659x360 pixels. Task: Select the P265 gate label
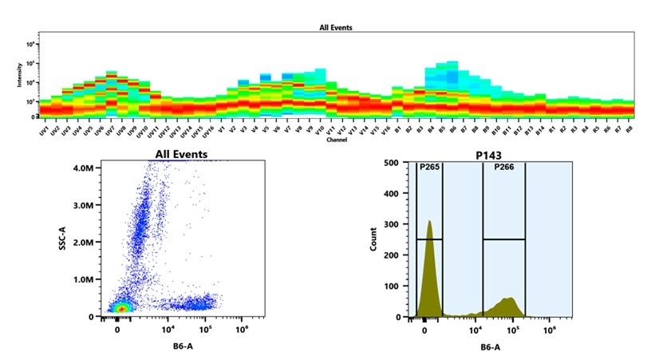click(429, 168)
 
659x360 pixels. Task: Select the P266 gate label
click(503, 168)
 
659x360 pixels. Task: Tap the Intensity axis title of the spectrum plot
click(19, 77)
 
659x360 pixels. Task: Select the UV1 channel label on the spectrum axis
click(45, 130)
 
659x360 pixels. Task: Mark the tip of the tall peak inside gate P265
click(428, 221)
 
